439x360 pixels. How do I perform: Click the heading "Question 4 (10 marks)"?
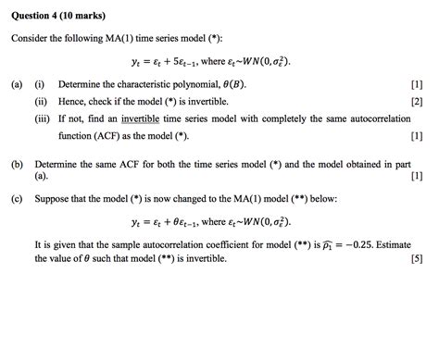tap(57, 16)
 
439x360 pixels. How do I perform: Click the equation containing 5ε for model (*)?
tap(211, 62)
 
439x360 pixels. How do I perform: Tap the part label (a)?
tap(18, 84)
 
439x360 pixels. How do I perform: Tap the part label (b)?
tap(18, 163)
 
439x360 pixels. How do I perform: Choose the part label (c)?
tap(18, 199)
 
